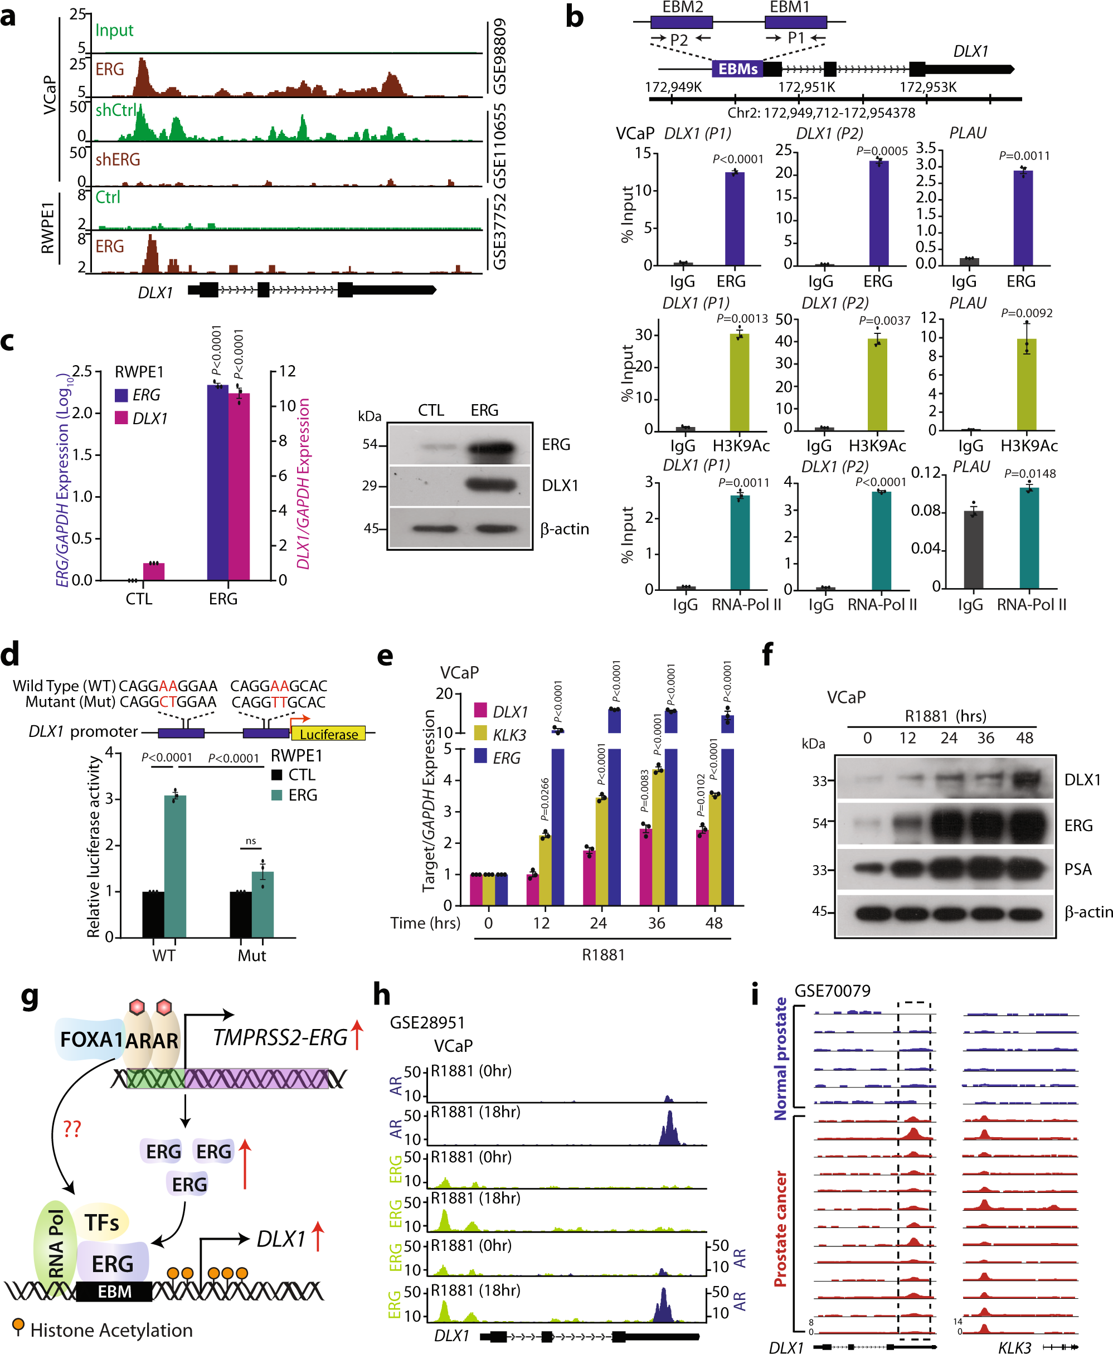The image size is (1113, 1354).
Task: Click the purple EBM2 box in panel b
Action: [x=682, y=22]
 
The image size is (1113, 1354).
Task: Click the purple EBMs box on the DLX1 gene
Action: [x=738, y=69]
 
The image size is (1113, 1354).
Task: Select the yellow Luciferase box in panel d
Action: [x=328, y=734]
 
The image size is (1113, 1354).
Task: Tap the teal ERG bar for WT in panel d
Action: [x=175, y=866]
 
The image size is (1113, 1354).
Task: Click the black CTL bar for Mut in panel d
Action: [x=240, y=914]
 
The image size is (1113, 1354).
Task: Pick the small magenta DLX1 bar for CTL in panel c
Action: [x=154, y=571]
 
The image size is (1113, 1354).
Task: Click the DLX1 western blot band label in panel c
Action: [x=560, y=486]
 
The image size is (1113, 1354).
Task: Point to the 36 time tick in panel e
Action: [x=657, y=923]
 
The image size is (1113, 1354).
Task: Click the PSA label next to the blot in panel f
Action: [x=1078, y=870]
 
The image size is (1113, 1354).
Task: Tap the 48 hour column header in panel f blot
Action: [x=1024, y=738]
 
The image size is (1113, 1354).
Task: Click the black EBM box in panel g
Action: [x=114, y=1292]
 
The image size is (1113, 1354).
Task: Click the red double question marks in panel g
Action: [x=72, y=1128]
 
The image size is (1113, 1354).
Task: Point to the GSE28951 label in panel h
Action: [x=427, y=1022]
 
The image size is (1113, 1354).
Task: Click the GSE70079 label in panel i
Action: [x=832, y=991]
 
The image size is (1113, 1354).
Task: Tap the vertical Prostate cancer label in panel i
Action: [x=780, y=1229]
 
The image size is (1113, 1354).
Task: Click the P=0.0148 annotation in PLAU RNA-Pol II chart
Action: [x=1029, y=473]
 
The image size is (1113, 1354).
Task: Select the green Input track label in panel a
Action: [x=114, y=30]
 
